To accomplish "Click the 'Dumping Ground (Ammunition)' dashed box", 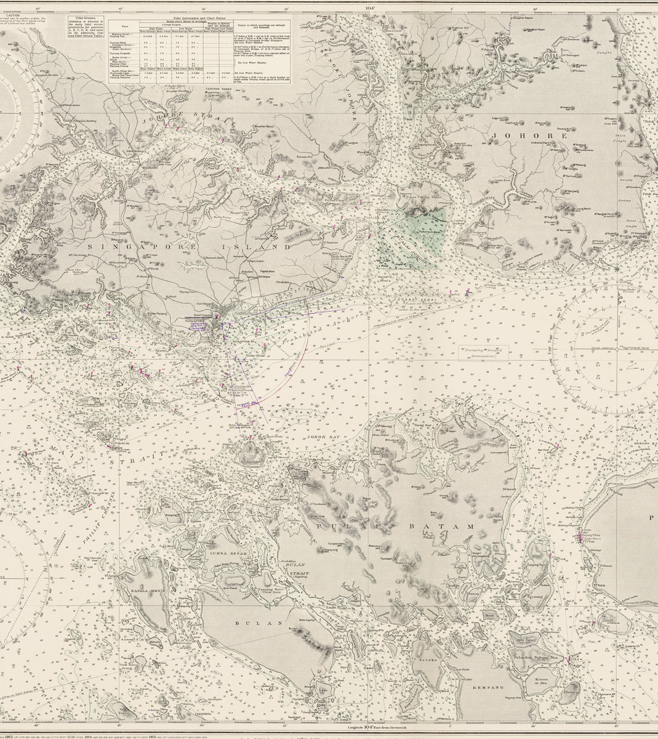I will (484, 352).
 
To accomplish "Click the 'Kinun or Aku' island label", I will (542, 680).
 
